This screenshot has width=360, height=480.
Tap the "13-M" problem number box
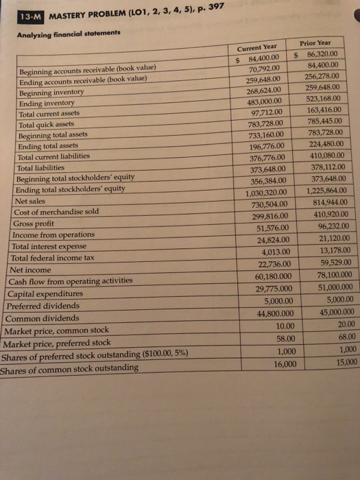pos(31,16)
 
